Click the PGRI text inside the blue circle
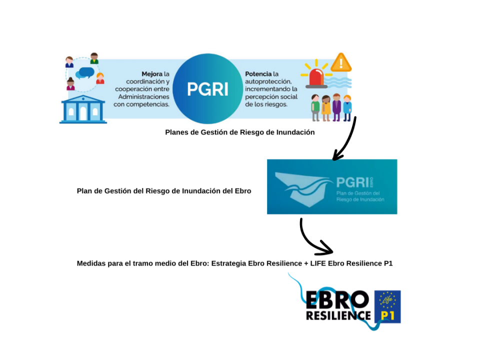[x=207, y=89]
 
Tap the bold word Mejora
[x=152, y=74]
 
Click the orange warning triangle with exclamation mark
[x=341, y=63]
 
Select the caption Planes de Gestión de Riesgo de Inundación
[x=239, y=132]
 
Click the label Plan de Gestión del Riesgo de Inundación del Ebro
[x=164, y=191]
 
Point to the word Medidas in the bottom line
[x=92, y=263]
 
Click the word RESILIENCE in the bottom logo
[x=338, y=315]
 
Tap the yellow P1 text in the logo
[x=387, y=315]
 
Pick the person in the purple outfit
[x=336, y=107]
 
